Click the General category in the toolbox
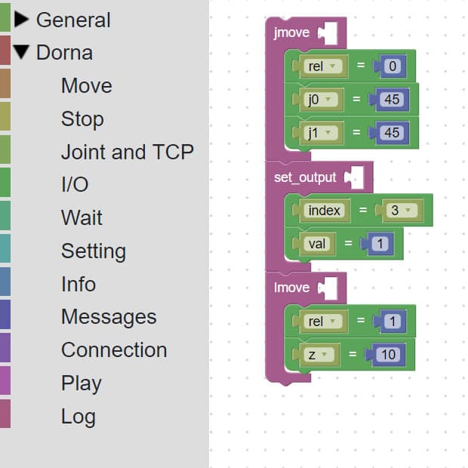[x=73, y=20]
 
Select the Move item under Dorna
[x=86, y=86]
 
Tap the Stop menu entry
[x=82, y=119]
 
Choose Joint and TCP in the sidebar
[x=127, y=152]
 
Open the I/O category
[x=75, y=185]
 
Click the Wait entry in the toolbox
[x=82, y=218]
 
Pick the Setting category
[x=93, y=251]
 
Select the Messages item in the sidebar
[x=109, y=317]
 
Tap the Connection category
[x=113, y=350]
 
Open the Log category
[x=78, y=417]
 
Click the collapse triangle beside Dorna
[x=21, y=53]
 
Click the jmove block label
[x=291, y=33]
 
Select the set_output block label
[x=305, y=177]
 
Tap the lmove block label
[x=291, y=288]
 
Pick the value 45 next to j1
[x=392, y=133]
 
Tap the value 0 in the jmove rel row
[x=392, y=66]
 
